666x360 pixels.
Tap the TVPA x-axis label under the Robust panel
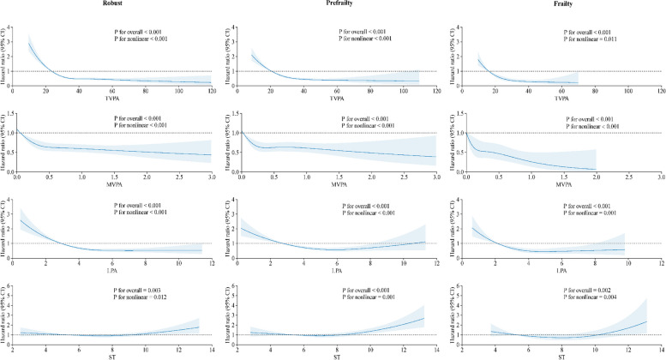109,98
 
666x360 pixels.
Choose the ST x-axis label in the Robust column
109,356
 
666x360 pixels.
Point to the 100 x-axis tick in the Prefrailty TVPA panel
403,90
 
